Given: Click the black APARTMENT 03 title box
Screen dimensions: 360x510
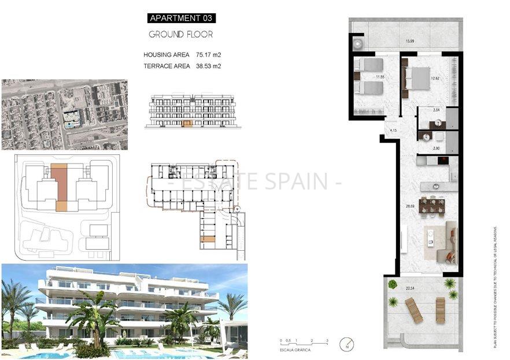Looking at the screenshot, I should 181,18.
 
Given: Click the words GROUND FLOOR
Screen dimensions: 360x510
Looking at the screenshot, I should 181,34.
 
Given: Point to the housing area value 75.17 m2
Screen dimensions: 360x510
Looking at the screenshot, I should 209,55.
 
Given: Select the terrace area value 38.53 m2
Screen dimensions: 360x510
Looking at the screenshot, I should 209,66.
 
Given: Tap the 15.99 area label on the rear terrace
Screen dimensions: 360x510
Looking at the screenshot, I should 409,41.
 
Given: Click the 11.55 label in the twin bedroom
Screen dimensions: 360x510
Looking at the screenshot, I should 380,76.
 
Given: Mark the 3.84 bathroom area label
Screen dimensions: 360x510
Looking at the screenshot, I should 437,110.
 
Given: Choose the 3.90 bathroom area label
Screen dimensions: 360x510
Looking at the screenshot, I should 437,149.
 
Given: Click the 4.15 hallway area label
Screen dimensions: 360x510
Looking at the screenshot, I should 393,131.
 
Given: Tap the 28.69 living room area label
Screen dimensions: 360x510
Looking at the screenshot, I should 410,206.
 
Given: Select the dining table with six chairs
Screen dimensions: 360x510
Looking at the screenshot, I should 433,205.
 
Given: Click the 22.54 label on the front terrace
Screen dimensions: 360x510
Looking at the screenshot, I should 410,288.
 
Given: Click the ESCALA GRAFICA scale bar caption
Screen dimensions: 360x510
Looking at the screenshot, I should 294,350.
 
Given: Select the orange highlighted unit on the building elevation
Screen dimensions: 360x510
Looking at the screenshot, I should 186,123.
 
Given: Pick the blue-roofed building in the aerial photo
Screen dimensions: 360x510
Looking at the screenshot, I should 72,117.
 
